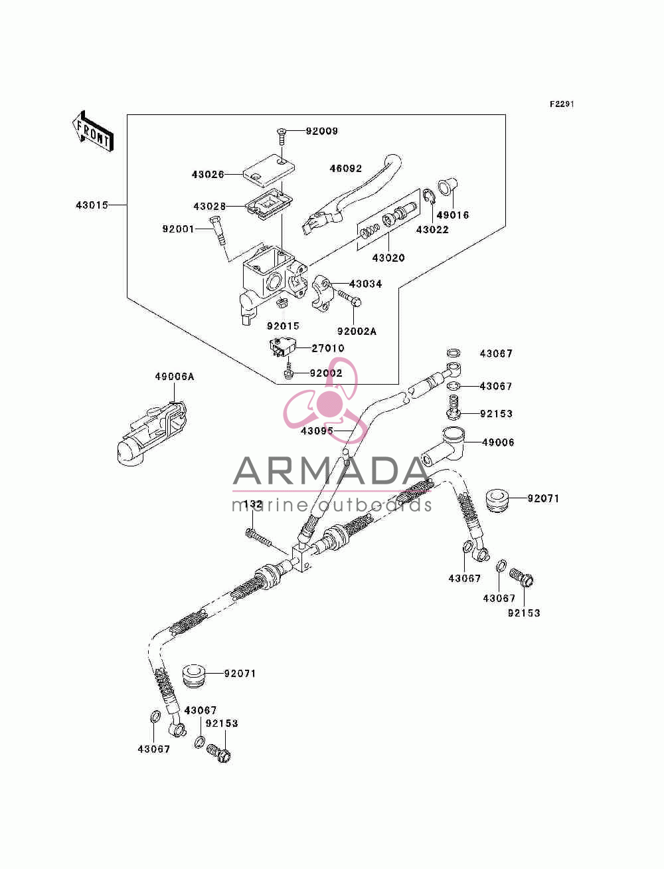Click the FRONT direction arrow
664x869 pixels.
[93, 131]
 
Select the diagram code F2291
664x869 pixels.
[562, 104]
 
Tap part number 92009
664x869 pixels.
[322, 131]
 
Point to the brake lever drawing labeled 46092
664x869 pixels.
[352, 194]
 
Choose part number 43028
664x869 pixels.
[210, 206]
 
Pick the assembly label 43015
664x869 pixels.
[92, 205]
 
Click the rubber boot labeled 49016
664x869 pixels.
[448, 187]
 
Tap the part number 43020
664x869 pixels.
[388, 258]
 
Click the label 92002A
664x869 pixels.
[357, 331]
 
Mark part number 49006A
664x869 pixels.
[175, 377]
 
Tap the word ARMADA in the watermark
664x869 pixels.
[331, 471]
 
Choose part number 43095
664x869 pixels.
[317, 431]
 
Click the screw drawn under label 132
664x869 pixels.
[259, 538]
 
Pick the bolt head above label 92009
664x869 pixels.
[282, 131]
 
